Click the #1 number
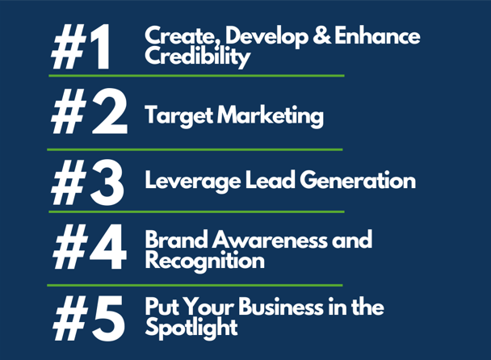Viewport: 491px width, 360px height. tap(81, 47)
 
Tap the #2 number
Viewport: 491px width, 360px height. tap(90, 111)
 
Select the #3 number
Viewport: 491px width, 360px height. tap(88, 182)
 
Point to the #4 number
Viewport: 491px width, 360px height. tap(90, 247)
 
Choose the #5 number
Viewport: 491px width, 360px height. tap(89, 318)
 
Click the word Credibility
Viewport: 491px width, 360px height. tap(197, 57)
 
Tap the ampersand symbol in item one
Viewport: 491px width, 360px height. tap(321, 35)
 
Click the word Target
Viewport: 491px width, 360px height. tap(179, 115)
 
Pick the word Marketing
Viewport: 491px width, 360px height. tap(271, 115)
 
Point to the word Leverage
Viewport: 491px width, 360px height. tap(192, 182)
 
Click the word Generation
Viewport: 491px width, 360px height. tap(358, 180)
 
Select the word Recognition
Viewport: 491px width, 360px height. tap(205, 261)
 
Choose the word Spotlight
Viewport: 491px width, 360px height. tap(191, 328)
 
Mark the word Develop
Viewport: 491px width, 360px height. tap(266, 36)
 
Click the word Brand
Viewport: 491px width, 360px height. tap(177, 240)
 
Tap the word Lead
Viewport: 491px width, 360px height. tap(271, 180)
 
